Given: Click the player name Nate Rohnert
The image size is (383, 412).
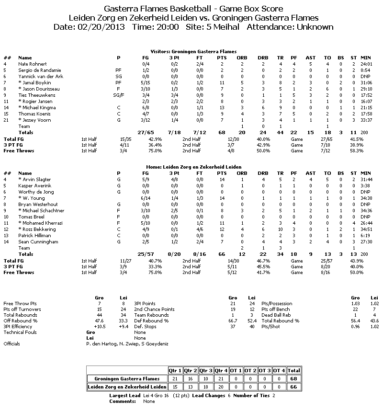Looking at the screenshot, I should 32,64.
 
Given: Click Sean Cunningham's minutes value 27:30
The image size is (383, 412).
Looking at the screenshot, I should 366,242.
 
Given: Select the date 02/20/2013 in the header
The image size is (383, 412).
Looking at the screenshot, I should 101,27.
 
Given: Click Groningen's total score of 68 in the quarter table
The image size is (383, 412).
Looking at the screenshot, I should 293,378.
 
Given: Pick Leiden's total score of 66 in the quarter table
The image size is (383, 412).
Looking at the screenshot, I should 293,387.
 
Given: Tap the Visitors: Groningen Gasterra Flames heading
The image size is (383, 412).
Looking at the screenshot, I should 191,51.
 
